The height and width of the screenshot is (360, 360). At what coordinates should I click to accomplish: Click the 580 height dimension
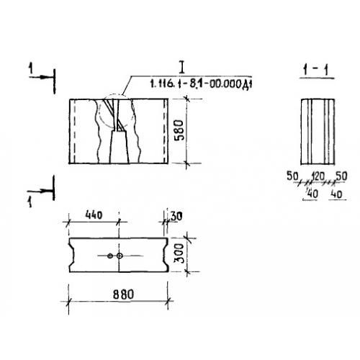(179, 130)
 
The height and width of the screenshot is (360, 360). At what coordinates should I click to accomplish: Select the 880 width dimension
(123, 294)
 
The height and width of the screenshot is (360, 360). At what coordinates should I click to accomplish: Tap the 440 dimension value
(94, 215)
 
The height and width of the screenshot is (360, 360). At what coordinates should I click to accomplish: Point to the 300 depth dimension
(179, 253)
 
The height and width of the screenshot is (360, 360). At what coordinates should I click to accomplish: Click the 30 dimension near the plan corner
(176, 216)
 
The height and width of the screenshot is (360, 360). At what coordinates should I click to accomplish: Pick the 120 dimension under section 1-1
(318, 176)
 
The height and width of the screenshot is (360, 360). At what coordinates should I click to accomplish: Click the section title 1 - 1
(316, 70)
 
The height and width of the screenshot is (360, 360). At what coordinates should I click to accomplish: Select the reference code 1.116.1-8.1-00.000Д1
(201, 84)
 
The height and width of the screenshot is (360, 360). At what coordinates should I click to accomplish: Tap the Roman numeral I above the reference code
(183, 67)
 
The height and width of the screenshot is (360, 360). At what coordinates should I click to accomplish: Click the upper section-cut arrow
(41, 77)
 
